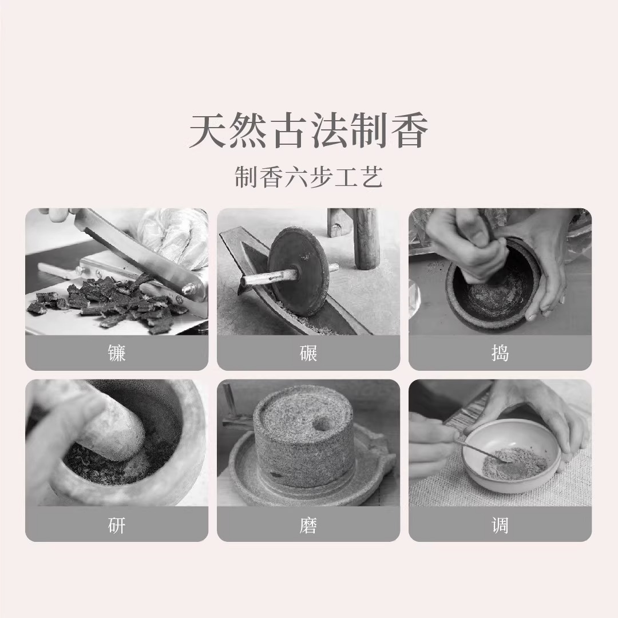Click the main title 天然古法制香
pyautogui.click(x=308, y=132)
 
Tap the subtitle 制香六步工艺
pyautogui.click(x=308, y=177)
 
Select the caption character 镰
pyautogui.click(x=117, y=353)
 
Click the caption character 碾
pyautogui.click(x=308, y=353)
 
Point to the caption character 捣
pyautogui.click(x=500, y=353)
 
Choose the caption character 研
pyautogui.click(x=117, y=525)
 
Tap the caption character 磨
pyautogui.click(x=308, y=525)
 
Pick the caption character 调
pyautogui.click(x=500, y=525)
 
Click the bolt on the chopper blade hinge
pyautogui.click(x=186, y=290)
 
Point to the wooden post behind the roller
pyautogui.click(x=366, y=237)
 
